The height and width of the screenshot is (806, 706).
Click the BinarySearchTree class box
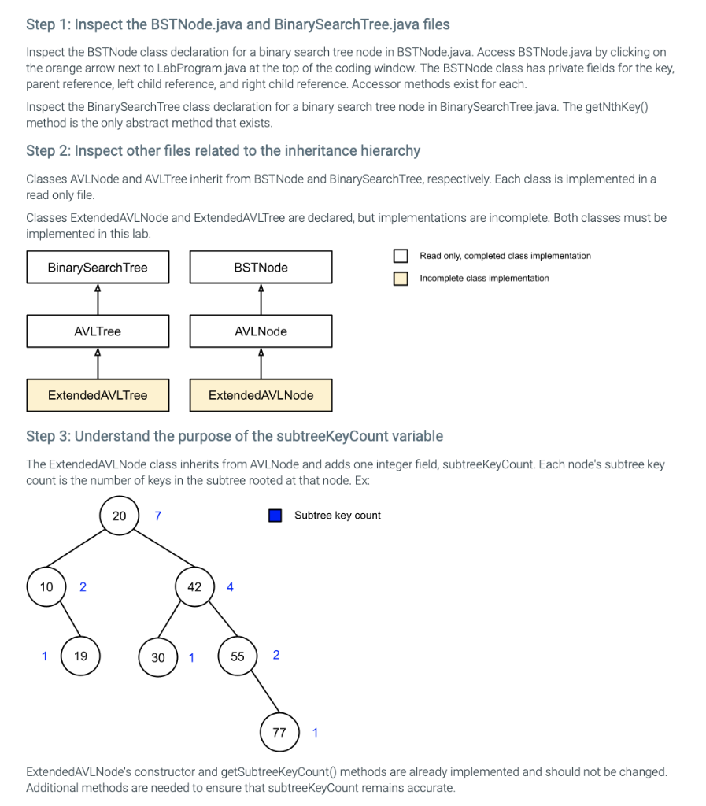pyautogui.click(x=98, y=268)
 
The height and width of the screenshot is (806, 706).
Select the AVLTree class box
pyautogui.click(x=98, y=331)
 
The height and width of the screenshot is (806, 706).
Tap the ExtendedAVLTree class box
pyautogui.click(x=98, y=395)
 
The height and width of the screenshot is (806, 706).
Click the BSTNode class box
pyautogui.click(x=261, y=268)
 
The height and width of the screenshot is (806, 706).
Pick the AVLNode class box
pyautogui.click(x=261, y=331)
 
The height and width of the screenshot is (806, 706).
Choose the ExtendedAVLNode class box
pyautogui.click(x=261, y=395)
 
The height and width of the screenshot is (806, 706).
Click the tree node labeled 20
pyautogui.click(x=119, y=516)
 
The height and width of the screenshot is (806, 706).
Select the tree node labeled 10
pyautogui.click(x=46, y=587)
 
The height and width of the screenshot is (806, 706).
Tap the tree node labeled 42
pyautogui.click(x=194, y=587)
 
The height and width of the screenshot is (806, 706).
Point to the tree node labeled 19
pyautogui.click(x=80, y=656)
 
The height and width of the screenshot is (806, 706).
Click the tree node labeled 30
pyautogui.click(x=158, y=657)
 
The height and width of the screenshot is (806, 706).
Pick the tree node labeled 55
pyautogui.click(x=238, y=656)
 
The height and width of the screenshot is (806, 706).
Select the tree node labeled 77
pyautogui.click(x=279, y=733)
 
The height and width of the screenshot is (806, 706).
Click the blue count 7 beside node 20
pyautogui.click(x=158, y=516)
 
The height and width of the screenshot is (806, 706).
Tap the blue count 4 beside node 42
pyautogui.click(x=230, y=587)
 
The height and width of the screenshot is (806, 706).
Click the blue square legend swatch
pyautogui.click(x=275, y=516)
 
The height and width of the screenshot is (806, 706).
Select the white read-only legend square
pyautogui.click(x=401, y=256)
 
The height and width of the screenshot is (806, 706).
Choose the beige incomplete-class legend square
pyautogui.click(x=401, y=279)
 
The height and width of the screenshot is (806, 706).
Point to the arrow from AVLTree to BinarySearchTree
pyautogui.click(x=98, y=299)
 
